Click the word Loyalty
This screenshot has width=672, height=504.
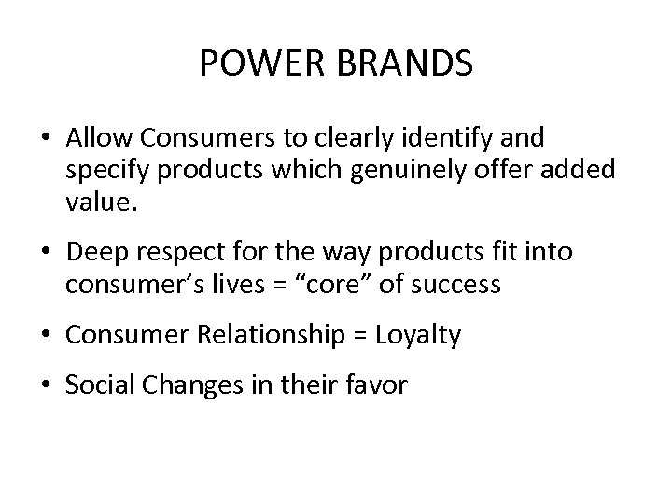(x=419, y=335)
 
